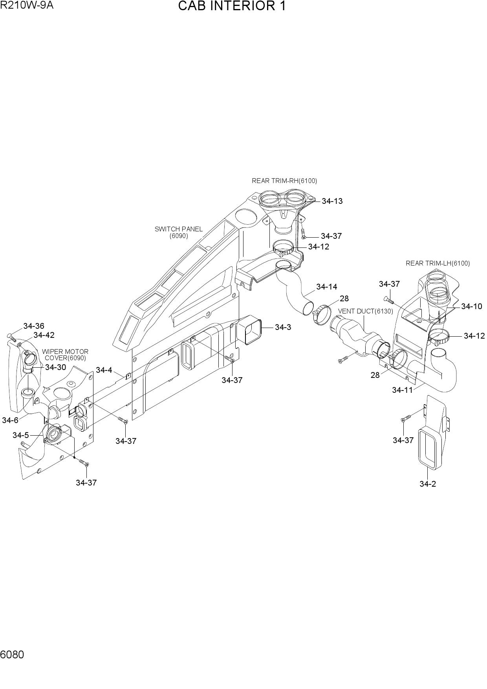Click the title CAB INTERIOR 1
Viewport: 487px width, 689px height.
tap(232, 6)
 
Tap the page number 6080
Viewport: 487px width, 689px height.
tap(12, 655)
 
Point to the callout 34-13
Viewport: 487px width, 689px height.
tap(332, 201)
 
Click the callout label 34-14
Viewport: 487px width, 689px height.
tap(326, 287)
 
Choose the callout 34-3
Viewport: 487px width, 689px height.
tap(283, 327)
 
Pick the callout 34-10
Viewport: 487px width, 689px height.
tap(471, 306)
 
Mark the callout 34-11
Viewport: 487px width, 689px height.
tap(403, 390)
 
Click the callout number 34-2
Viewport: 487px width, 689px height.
tap(427, 484)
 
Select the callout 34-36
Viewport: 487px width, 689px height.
tap(34, 326)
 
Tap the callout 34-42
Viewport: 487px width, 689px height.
tap(44, 335)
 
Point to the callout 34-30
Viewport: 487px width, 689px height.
tap(55, 368)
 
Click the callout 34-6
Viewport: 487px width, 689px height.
tap(10, 420)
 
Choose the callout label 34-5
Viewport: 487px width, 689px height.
tap(21, 435)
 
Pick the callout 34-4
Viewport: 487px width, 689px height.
tap(104, 370)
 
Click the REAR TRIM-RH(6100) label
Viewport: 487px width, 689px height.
tap(284, 181)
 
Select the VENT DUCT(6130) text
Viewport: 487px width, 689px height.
tap(365, 311)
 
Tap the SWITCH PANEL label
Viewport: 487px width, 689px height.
tap(179, 229)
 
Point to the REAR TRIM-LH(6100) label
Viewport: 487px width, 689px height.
tap(438, 263)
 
